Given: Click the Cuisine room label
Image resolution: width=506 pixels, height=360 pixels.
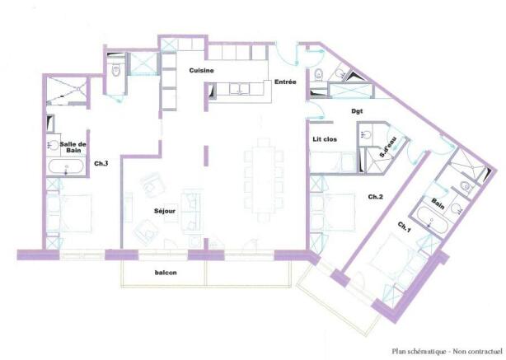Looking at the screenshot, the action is point(201,70).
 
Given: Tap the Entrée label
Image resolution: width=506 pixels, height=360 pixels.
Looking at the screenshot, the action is point(285,82).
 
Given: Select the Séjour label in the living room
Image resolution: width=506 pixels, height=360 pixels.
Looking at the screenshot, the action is point(165,211).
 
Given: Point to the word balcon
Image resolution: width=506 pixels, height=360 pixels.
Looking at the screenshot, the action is point(166,273).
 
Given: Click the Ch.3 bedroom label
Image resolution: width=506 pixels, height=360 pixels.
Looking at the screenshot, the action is point(101,164).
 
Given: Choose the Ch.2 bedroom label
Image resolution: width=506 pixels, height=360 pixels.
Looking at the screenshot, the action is point(375,197).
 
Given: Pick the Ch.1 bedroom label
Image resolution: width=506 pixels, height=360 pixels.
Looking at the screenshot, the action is point(404,227).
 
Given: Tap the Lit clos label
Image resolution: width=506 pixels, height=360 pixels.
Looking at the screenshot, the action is point(325,139).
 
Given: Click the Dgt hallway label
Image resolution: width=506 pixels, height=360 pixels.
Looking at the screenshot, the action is point(357,111).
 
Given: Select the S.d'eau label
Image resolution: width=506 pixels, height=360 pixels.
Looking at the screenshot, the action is point(387,148).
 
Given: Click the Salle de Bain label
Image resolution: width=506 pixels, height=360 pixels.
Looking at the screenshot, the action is point(73,147).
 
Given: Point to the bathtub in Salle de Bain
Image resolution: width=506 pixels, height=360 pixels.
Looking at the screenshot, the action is point(66,166).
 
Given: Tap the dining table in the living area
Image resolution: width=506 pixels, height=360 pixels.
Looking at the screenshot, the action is point(264,180).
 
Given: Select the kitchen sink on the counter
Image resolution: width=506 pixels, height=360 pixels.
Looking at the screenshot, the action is point(239,89).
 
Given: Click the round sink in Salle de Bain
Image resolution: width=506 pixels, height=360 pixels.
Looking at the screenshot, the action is point(53,146).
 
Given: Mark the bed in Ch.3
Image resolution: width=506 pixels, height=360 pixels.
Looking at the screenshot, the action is point(69,212).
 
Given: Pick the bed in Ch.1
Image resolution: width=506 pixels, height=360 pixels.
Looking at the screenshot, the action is point(396,258).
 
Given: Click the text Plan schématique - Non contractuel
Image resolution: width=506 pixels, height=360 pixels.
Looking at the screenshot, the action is point(447,351).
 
